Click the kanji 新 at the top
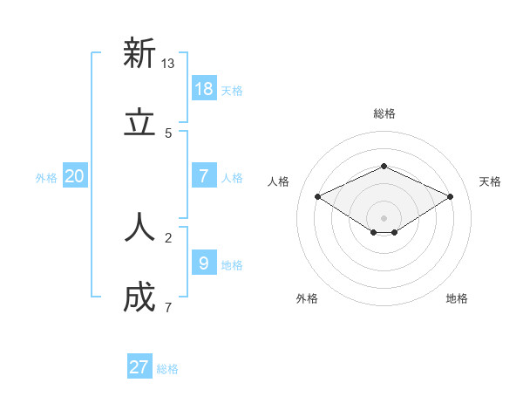139,53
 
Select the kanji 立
139,123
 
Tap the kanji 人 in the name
139,228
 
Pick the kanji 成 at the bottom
139,297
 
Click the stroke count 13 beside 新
168,64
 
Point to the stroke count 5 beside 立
168,133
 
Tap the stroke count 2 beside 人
168,237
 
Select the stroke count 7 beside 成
168,307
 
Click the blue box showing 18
204,88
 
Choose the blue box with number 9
204,263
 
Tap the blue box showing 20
75,175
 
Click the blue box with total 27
139,367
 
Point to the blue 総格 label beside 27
167,369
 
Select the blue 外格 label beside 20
46,178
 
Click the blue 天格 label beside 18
232,91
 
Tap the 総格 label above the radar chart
384,113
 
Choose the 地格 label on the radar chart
457,298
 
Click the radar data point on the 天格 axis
451,196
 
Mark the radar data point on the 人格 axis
317,196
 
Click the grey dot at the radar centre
384,218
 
